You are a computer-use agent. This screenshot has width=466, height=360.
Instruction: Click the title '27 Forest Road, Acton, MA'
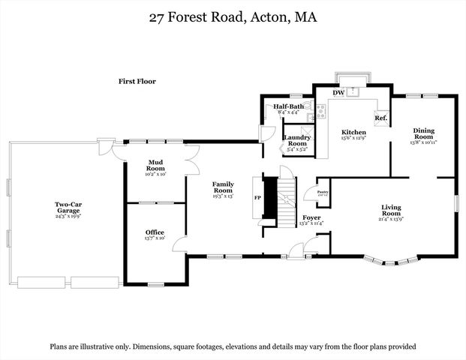[233, 16]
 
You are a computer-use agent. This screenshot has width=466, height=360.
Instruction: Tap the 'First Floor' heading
[137, 81]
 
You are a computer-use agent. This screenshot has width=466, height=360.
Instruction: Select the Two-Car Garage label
[67, 207]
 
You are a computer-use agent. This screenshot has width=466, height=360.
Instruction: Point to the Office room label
[155, 232]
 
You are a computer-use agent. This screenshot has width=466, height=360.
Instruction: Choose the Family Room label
[223, 188]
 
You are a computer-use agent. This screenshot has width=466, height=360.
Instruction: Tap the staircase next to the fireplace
[287, 201]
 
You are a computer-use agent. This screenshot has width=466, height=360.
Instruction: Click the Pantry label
[323, 193]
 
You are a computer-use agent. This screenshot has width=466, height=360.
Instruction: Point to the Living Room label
[391, 210]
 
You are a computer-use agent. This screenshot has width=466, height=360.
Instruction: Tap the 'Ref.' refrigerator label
[380, 118]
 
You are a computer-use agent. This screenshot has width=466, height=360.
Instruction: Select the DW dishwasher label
[338, 93]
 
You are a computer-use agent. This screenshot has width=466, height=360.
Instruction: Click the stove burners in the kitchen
[321, 112]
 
